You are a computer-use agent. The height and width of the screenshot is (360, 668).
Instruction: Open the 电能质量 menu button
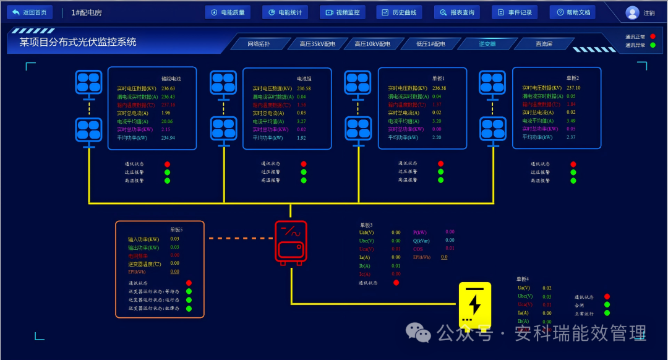[x=228, y=12]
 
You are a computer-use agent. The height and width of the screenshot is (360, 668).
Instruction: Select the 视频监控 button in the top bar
[x=343, y=12]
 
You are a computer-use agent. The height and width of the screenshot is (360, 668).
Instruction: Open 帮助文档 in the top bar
[x=573, y=12]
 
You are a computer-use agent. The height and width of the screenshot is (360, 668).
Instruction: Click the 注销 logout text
[x=649, y=13]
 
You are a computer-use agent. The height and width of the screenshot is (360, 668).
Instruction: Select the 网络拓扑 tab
[x=259, y=44]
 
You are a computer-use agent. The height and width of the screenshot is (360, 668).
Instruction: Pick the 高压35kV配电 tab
[x=317, y=44]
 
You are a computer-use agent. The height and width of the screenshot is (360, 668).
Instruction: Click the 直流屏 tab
[x=544, y=44]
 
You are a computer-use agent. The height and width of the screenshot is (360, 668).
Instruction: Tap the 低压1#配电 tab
[x=430, y=44]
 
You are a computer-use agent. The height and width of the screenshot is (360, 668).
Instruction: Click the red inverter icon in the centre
[x=291, y=243]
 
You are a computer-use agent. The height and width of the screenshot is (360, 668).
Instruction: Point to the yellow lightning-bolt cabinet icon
[x=474, y=305]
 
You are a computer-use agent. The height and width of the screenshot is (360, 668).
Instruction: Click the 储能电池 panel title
[x=171, y=79]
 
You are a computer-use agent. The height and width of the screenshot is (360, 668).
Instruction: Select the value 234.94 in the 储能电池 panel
[x=168, y=138]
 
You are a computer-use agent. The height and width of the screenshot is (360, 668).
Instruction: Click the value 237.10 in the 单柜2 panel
[x=573, y=88]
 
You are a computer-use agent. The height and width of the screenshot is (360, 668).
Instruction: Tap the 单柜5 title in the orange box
[x=176, y=229]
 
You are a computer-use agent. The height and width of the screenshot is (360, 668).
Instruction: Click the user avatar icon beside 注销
[x=632, y=13]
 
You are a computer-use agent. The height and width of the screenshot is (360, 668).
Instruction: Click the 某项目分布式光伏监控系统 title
[x=78, y=42]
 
